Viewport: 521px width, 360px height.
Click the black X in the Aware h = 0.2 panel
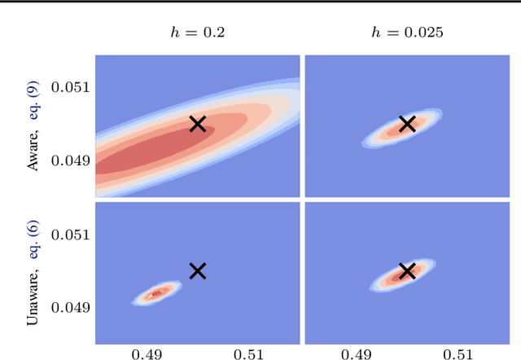tap(198, 124)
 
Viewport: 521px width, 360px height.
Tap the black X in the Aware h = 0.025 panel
tap(407, 124)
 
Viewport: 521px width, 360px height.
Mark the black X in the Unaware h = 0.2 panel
tap(198, 271)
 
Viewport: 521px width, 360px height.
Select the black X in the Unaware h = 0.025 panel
tap(407, 271)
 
